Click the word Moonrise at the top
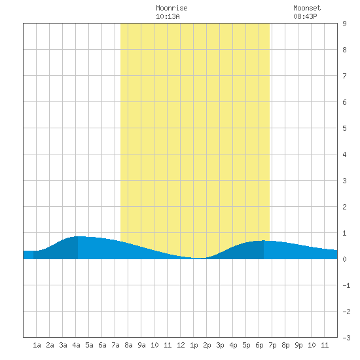[171, 8]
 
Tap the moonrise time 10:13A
[168, 16]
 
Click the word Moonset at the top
[307, 8]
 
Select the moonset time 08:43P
[305, 16]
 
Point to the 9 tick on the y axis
[344, 24]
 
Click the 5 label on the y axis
[344, 128]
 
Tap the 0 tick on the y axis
[344, 259]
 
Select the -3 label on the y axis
[346, 338]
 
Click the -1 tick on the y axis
[346, 285]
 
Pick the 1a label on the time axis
[37, 345]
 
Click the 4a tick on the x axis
[76, 345]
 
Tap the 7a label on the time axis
[115, 345]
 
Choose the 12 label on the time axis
[181, 345]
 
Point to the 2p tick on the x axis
[207, 345]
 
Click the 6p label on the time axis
[259, 345]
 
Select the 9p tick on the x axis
[298, 345]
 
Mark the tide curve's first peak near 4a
[78, 236]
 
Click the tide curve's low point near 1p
[199, 258]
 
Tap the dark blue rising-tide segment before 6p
[239, 251]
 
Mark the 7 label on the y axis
[344, 76]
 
